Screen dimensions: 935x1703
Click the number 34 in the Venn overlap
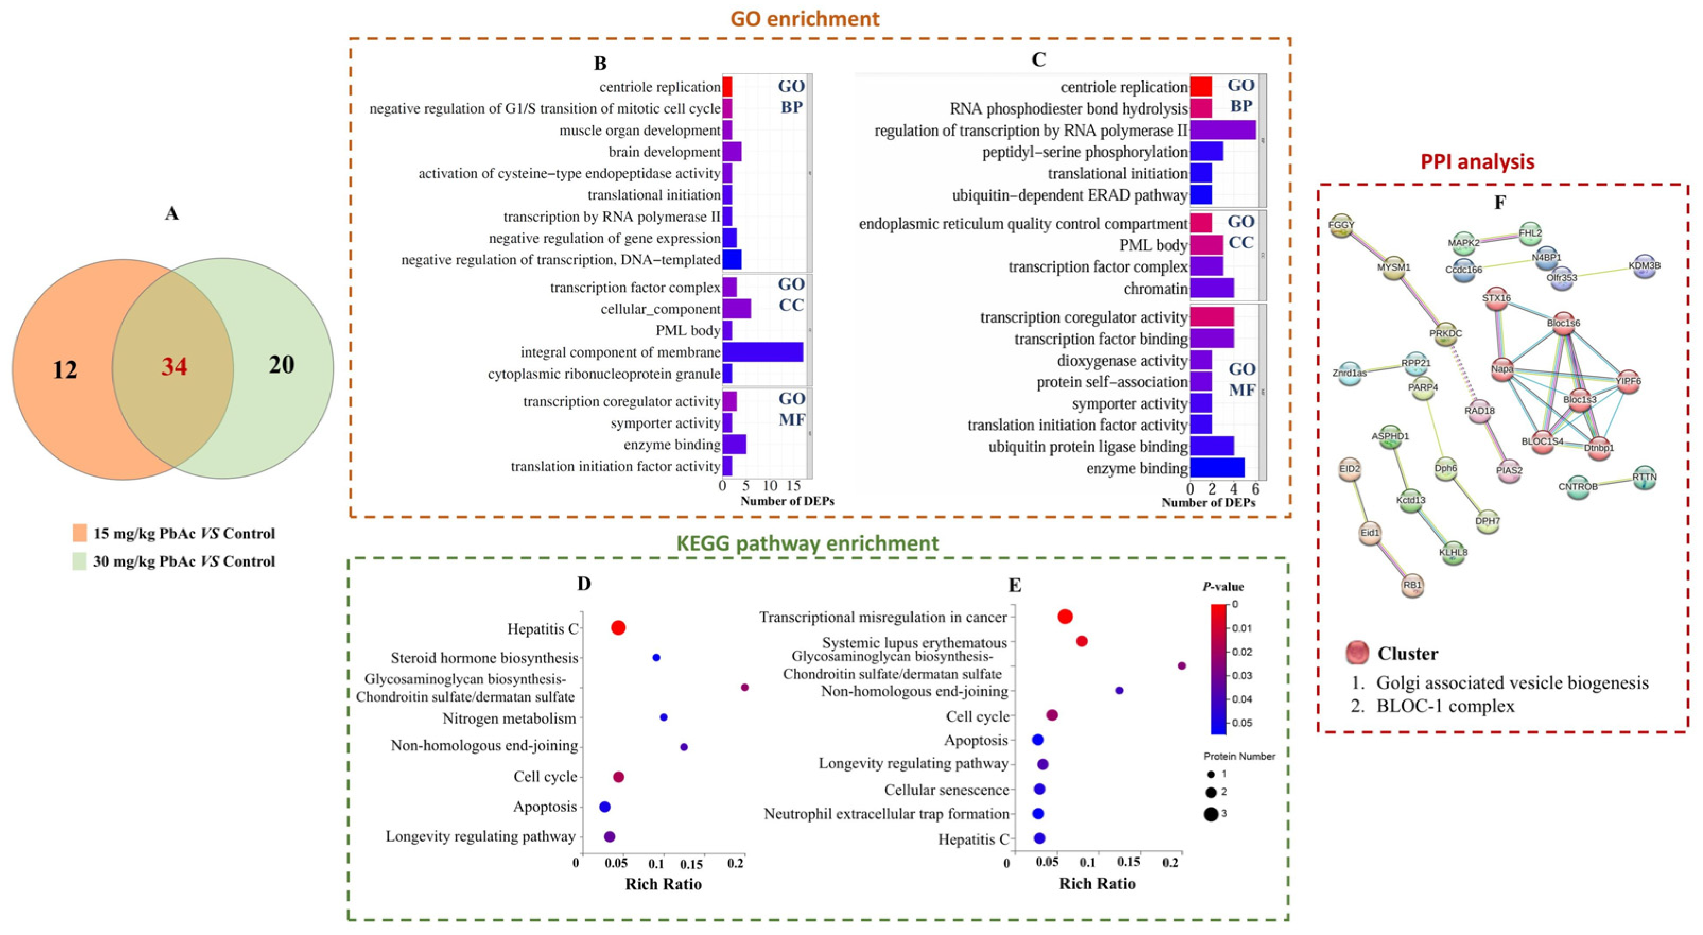(x=175, y=366)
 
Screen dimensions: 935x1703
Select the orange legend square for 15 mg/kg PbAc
(x=80, y=533)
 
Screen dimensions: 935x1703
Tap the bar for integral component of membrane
(x=762, y=352)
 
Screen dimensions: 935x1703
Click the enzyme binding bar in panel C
(x=1217, y=468)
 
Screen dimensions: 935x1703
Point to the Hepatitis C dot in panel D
(x=618, y=628)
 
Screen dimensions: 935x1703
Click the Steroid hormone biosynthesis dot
(x=656, y=658)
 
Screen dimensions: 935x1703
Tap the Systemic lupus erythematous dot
(x=1082, y=640)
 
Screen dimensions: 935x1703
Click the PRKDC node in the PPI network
(x=1445, y=333)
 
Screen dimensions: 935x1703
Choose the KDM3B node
(x=1644, y=266)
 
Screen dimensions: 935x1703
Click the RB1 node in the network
(x=1412, y=585)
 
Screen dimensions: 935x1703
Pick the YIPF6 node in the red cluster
(x=1628, y=381)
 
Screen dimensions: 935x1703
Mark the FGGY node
(x=1341, y=226)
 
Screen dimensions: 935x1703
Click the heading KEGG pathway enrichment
(x=807, y=543)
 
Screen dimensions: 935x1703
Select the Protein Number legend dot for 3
(x=1211, y=814)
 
